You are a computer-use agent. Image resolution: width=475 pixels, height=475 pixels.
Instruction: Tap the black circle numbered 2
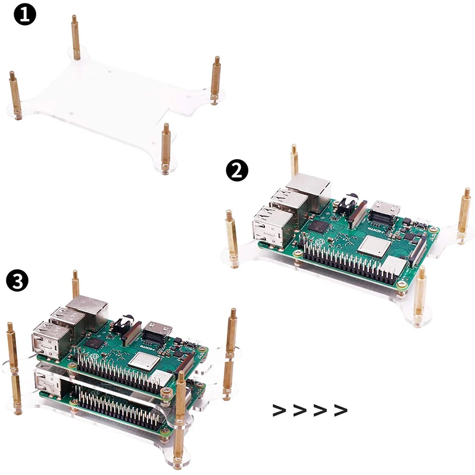tap(237, 171)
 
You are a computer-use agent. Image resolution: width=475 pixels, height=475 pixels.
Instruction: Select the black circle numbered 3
tap(17, 280)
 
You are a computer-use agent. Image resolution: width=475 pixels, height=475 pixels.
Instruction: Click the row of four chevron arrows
tap(309, 410)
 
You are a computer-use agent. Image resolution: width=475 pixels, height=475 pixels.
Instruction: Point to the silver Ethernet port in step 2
tap(308, 190)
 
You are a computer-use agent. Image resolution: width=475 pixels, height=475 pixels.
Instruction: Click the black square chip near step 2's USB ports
tap(321, 226)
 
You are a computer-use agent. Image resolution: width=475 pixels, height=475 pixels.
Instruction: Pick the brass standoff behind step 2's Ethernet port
tap(294, 160)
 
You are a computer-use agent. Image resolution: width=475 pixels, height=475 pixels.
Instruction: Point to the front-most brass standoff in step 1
tap(166, 145)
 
